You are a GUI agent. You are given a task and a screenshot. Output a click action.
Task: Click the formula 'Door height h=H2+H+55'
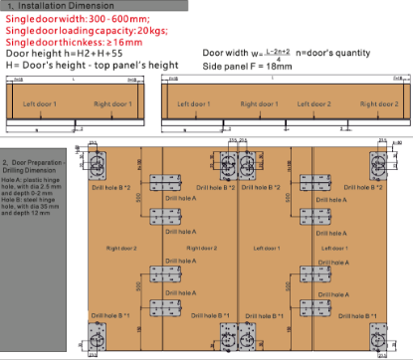[x=55, y=54]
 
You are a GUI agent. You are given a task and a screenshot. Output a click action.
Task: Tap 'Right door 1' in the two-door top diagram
[x=110, y=103]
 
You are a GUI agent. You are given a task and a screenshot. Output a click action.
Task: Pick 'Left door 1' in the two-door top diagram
[x=43, y=103]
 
